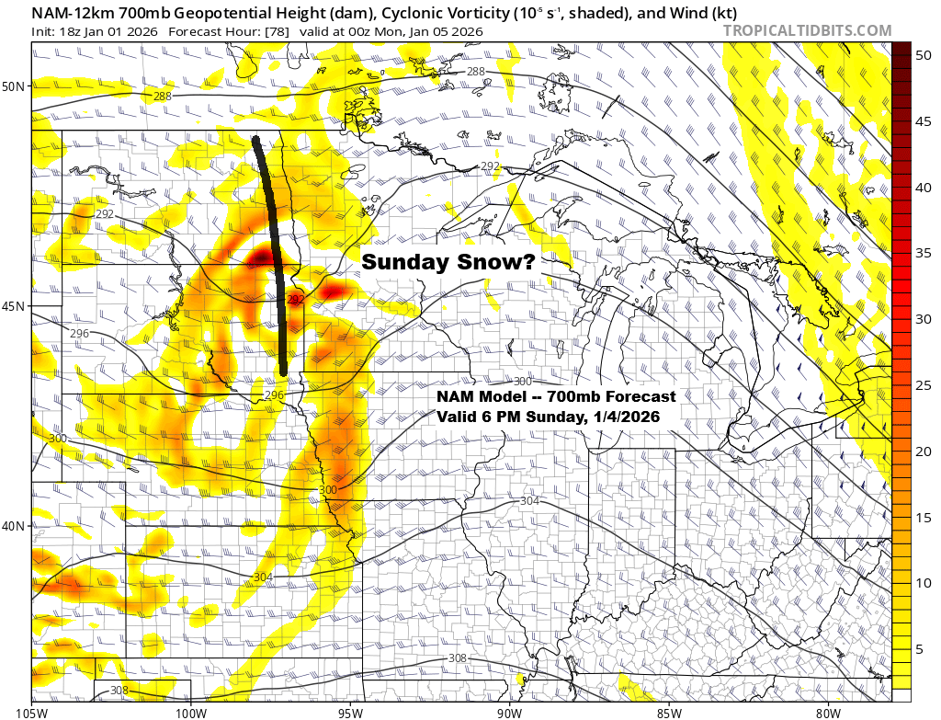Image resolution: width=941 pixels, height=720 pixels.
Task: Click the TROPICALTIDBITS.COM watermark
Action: pos(807,30)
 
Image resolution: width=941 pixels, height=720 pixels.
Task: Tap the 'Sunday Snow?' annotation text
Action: pos(448,262)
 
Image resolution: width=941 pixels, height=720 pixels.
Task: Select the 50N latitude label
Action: pos(17,86)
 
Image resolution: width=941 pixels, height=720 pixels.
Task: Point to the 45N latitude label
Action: pos(17,306)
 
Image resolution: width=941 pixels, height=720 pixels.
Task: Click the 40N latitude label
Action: pos(17,526)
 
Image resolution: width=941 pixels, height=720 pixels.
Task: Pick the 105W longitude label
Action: pos(32,711)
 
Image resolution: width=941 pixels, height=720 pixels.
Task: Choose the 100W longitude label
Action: pos(191,711)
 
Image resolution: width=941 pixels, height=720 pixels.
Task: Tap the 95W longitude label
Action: pos(350,711)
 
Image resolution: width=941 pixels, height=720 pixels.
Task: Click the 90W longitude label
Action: pos(509,711)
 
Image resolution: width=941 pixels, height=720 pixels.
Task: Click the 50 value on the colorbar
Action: pos(922,55)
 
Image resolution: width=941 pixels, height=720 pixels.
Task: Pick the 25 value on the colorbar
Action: pos(922,385)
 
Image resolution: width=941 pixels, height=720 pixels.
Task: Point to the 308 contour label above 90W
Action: pos(457,658)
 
